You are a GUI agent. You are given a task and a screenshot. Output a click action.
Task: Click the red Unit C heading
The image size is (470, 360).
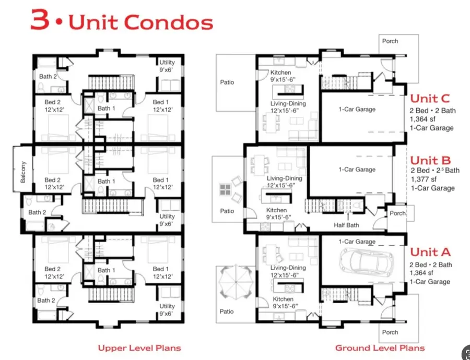tap(430, 98)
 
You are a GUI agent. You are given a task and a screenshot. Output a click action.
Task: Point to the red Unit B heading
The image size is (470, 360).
tap(430, 160)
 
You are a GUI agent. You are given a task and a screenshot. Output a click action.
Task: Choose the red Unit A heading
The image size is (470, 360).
tap(430, 252)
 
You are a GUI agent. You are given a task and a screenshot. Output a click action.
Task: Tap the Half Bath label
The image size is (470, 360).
tap(347, 225)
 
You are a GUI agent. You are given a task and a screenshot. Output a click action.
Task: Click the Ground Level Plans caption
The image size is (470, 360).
tap(380, 347)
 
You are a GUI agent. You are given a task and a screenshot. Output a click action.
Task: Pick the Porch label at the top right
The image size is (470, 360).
tap(390, 41)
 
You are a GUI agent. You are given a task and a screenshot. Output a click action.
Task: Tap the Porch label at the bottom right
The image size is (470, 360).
tap(390, 332)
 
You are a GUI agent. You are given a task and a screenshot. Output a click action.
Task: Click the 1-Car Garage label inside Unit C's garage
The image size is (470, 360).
tap(357, 109)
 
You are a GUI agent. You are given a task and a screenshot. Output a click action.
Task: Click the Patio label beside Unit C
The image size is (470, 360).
tap(227, 82)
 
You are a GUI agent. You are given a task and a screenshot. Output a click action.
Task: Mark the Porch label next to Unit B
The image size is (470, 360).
tap(397, 213)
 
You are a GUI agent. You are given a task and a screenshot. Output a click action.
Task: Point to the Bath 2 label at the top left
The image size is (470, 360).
tap(48, 76)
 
